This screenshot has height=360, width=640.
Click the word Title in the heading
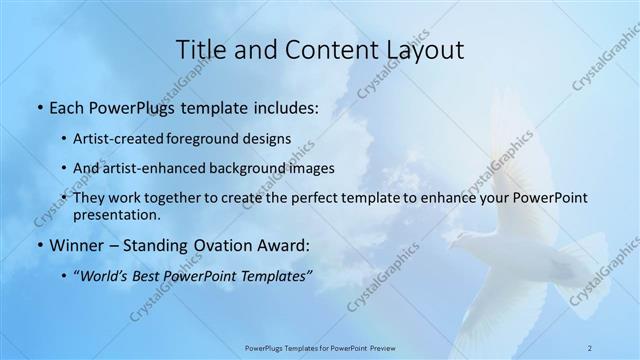coord(201,50)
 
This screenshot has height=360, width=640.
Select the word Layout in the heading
coord(419,50)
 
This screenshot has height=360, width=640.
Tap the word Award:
coord(285,245)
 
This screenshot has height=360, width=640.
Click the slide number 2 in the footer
coord(590,348)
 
